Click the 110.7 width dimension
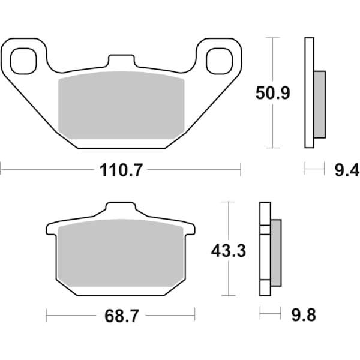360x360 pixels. pos(121,170)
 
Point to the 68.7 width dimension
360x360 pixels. pos(121,314)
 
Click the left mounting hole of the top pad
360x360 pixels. pos(22,59)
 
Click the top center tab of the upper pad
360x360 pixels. pos(121,62)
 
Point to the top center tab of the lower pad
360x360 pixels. pos(121,209)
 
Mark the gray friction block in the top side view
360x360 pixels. pos(320,104)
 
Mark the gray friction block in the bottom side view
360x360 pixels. pos(276,253)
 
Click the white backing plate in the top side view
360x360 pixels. pos(309,93)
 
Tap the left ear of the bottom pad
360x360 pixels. pos(52,229)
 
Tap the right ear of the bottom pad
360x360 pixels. pos(190,229)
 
